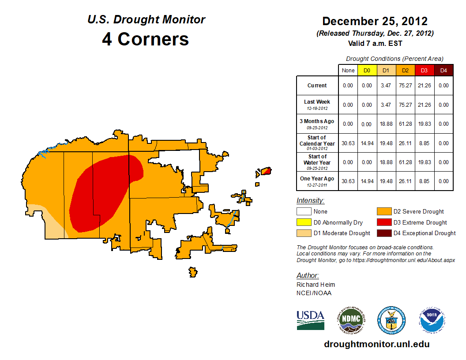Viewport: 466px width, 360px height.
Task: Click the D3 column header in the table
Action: coord(424,70)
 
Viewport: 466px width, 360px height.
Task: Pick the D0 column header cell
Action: coord(367,70)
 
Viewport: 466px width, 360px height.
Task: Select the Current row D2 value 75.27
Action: coord(405,86)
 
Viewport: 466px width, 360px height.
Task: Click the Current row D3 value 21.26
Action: coord(424,86)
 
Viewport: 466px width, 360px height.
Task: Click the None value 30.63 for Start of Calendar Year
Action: coord(348,143)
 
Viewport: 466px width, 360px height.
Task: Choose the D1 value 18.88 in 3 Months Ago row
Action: coord(386,124)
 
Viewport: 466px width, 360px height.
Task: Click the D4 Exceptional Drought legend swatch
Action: coord(384,233)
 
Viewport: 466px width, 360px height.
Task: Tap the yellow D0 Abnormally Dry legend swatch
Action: coord(304,222)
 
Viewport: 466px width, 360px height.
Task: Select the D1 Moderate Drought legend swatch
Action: coord(304,233)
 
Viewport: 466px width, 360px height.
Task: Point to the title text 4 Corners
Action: coord(145,39)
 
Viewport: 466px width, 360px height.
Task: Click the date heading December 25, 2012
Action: coord(375,21)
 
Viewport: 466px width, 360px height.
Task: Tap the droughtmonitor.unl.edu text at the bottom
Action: coord(376,344)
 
